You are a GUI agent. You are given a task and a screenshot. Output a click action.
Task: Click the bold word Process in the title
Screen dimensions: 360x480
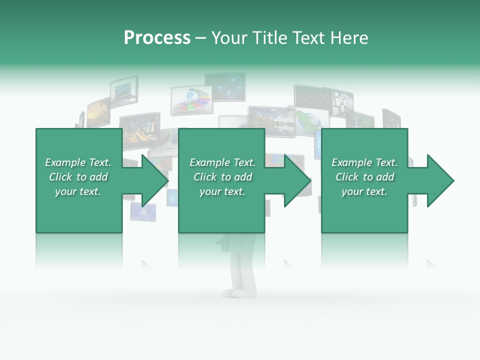pos(157,38)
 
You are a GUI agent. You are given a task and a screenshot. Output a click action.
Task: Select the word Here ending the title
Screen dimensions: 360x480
pos(349,38)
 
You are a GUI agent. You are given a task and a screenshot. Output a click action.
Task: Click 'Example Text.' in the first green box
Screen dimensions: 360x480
pos(78,162)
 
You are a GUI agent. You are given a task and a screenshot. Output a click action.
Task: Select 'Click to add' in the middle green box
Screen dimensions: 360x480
pos(222,177)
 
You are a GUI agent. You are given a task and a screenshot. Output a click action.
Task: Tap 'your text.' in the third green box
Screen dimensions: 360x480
pos(364,191)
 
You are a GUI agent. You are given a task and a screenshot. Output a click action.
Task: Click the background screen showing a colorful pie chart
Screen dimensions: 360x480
pos(192,99)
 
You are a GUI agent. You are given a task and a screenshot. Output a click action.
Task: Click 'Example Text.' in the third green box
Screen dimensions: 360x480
pos(364,162)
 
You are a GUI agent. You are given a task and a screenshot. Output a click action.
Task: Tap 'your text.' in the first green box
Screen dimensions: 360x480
pos(78,191)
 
